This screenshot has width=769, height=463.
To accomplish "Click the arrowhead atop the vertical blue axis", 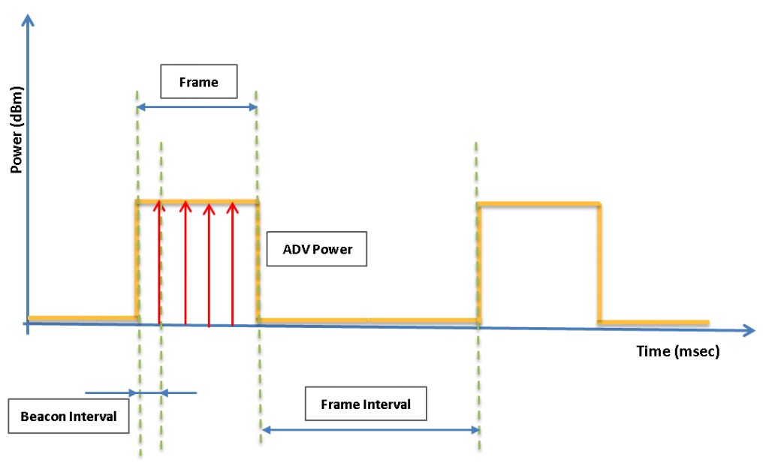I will tap(28, 20).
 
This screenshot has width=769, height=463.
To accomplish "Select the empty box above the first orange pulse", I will tap(199, 81).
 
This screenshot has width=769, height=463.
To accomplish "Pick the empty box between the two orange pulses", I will tap(317, 248).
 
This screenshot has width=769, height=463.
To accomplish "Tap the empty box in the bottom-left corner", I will tap(68, 416).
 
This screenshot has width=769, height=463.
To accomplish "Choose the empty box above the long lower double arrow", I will tap(366, 404).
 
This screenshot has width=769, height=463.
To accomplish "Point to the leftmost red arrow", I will tap(159, 263).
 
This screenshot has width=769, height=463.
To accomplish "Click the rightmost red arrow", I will tap(232, 263).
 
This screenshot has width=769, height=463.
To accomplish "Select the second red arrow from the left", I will tap(185, 263).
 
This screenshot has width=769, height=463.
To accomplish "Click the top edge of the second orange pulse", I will tap(538, 203).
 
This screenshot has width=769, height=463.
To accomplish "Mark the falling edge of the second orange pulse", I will tap(599, 263).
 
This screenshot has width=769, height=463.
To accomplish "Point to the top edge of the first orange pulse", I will tap(197, 201).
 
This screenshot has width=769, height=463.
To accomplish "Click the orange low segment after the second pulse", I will tap(653, 322).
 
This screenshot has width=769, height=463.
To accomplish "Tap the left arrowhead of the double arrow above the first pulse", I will tap(141, 107).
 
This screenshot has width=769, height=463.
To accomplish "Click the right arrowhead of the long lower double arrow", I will tap(475, 430).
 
